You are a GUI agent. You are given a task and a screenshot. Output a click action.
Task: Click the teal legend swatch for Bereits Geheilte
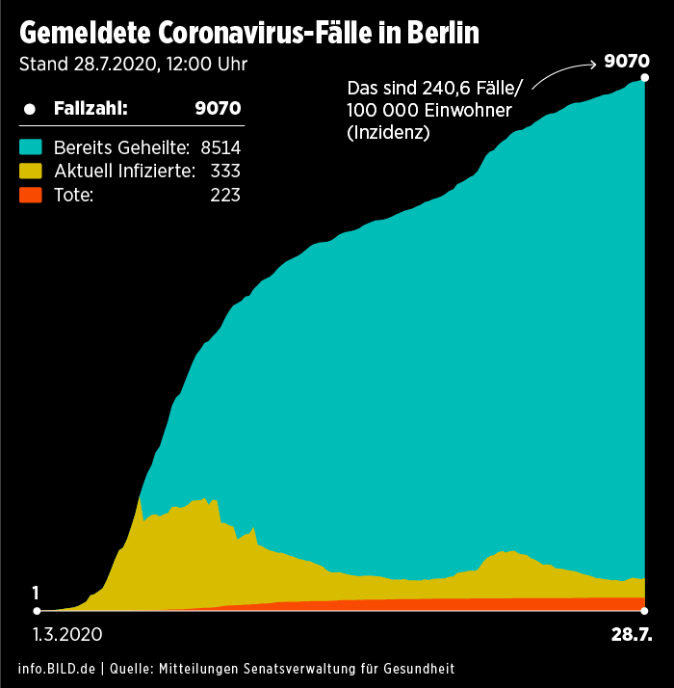[x=31, y=147]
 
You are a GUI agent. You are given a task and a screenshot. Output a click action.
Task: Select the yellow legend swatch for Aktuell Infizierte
[x=31, y=172]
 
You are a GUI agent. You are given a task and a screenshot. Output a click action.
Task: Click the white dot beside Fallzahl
[x=30, y=109]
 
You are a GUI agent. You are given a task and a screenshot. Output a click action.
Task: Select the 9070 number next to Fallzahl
[x=218, y=108]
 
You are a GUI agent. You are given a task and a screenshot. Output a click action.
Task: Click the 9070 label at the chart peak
[x=627, y=62]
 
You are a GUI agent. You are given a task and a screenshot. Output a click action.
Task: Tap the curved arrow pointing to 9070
[x=564, y=73]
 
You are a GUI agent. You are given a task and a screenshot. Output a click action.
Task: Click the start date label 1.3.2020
[x=66, y=635]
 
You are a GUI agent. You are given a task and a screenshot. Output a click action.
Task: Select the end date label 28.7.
[x=632, y=635]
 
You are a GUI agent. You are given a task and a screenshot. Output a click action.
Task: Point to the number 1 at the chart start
[x=36, y=593]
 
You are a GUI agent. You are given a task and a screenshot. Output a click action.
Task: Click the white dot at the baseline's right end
[x=644, y=610]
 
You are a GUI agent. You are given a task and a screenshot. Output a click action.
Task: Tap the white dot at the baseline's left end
[x=37, y=610]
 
